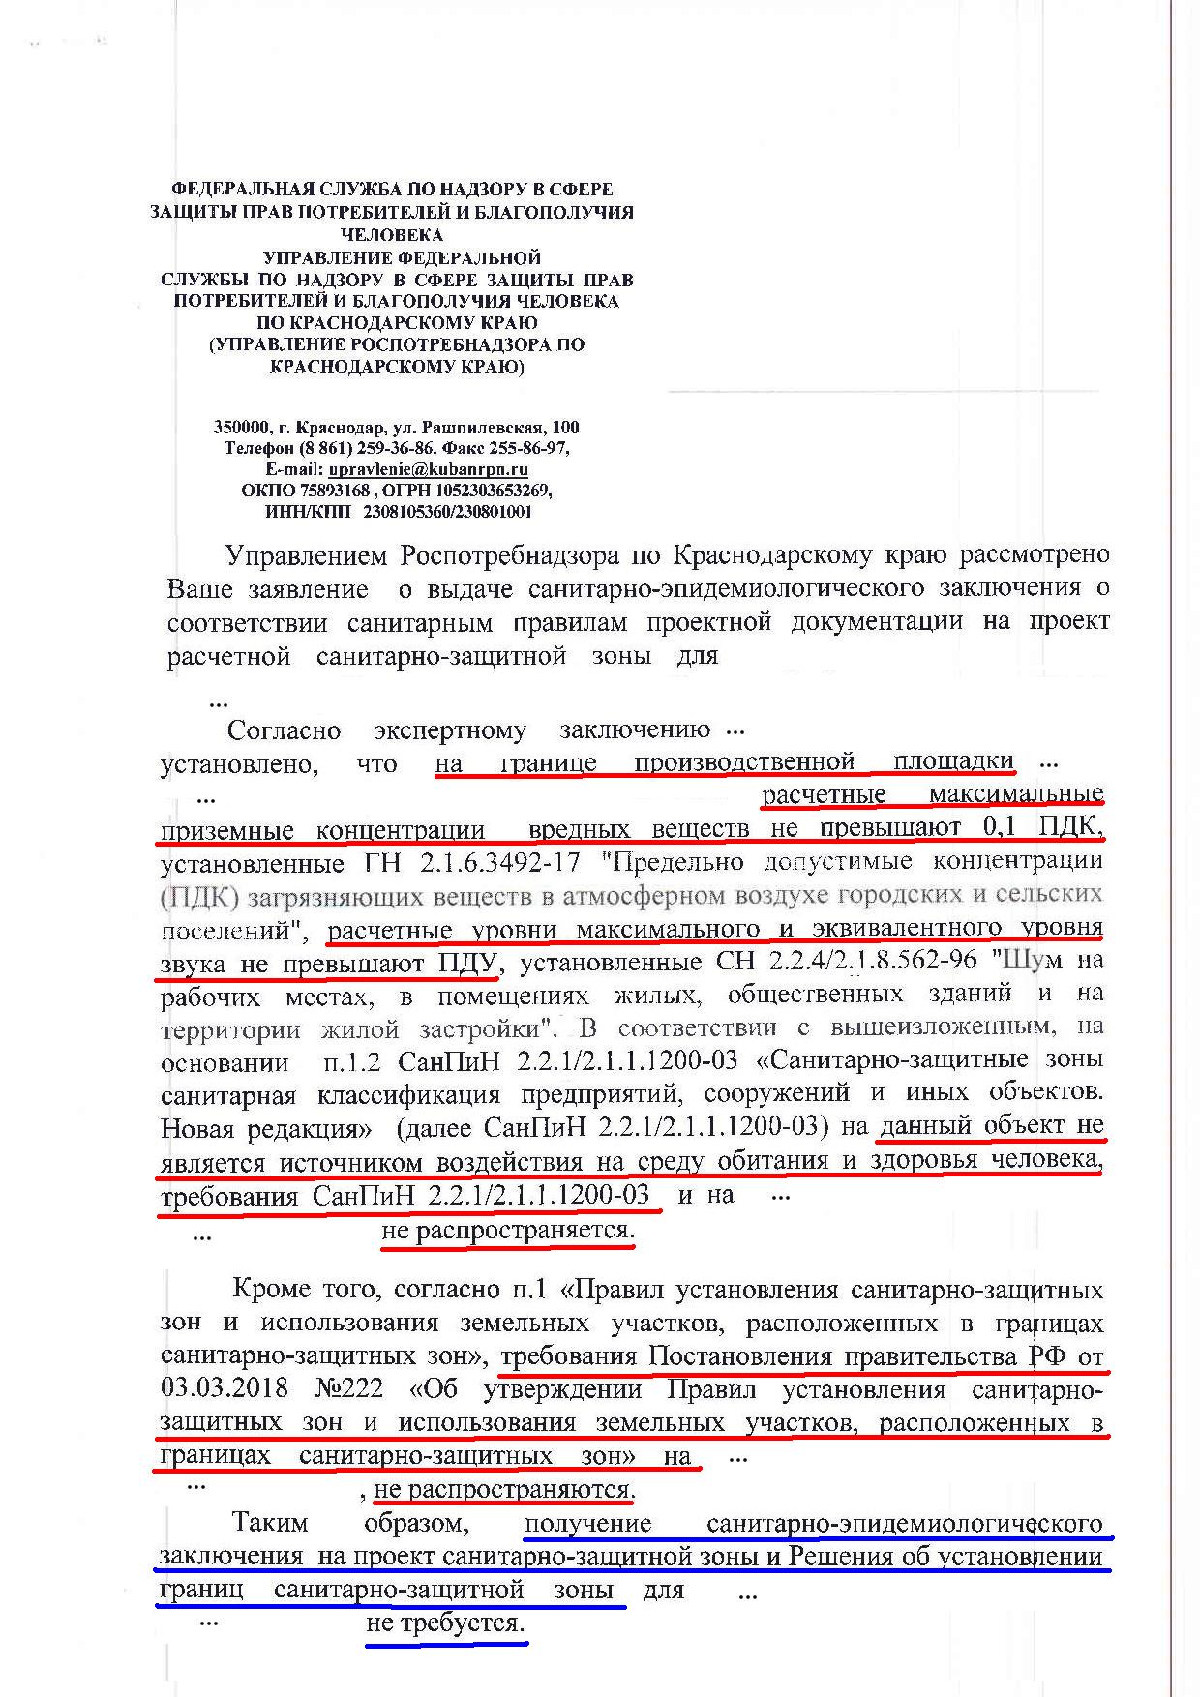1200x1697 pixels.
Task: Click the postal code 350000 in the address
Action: click(x=237, y=427)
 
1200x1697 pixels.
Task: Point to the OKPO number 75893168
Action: click(x=329, y=491)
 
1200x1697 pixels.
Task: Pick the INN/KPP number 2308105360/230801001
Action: click(x=447, y=512)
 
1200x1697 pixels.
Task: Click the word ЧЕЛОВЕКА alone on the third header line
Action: click(x=392, y=234)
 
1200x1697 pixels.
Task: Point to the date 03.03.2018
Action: click(x=224, y=1387)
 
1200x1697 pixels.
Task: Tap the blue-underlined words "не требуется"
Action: click(x=446, y=1623)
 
